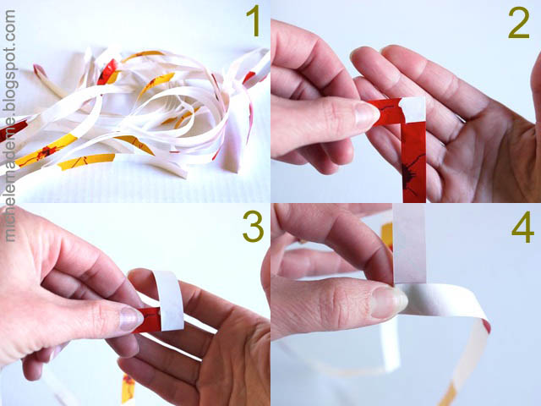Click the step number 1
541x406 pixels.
(x=254, y=22)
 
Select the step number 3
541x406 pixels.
(x=253, y=226)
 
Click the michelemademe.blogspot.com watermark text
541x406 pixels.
(x=10, y=125)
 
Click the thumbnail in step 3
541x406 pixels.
(x=130, y=319)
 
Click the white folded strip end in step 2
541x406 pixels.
(x=413, y=109)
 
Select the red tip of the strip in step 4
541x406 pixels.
(x=486, y=326)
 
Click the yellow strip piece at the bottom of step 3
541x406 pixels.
(x=128, y=388)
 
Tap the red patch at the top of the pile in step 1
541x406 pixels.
(x=107, y=71)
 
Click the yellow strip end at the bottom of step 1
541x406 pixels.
(x=86, y=162)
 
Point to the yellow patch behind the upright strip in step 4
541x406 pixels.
(x=387, y=235)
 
